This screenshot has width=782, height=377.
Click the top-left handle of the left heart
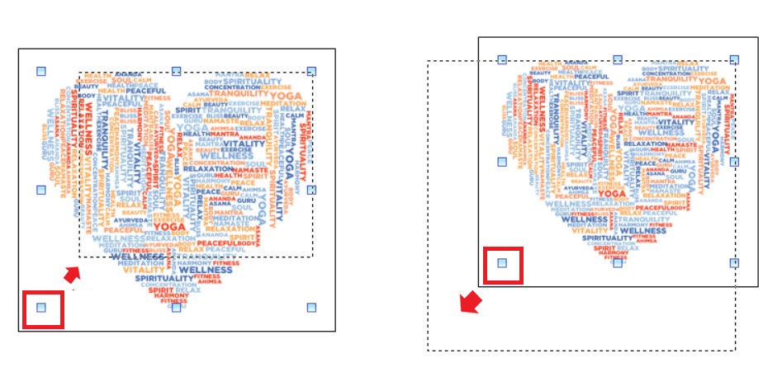tap(42, 72)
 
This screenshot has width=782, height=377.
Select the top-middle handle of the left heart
tap(176, 72)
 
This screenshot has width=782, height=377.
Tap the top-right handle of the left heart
tap(311, 72)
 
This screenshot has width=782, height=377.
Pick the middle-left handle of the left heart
tap(42, 190)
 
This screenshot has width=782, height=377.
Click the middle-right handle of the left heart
tap(311, 190)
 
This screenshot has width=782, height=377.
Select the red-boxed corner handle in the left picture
tap(42, 309)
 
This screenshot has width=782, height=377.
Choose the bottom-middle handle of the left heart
tap(176, 308)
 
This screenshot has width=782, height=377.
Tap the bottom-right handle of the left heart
tap(311, 308)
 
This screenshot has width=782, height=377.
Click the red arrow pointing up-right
tap(73, 273)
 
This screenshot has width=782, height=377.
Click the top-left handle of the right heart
tap(502, 59)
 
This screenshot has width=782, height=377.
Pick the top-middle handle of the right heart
tap(618, 59)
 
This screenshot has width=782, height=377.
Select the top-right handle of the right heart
tap(734, 59)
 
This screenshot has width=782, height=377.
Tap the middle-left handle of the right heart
tap(502, 162)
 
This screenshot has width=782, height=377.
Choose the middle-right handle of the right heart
tap(734, 162)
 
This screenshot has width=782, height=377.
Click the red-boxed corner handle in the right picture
tap(502, 263)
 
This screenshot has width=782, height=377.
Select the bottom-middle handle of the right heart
tap(618, 263)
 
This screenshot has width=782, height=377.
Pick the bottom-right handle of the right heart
tap(734, 263)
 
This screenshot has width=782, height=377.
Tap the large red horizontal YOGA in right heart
tap(612, 194)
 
